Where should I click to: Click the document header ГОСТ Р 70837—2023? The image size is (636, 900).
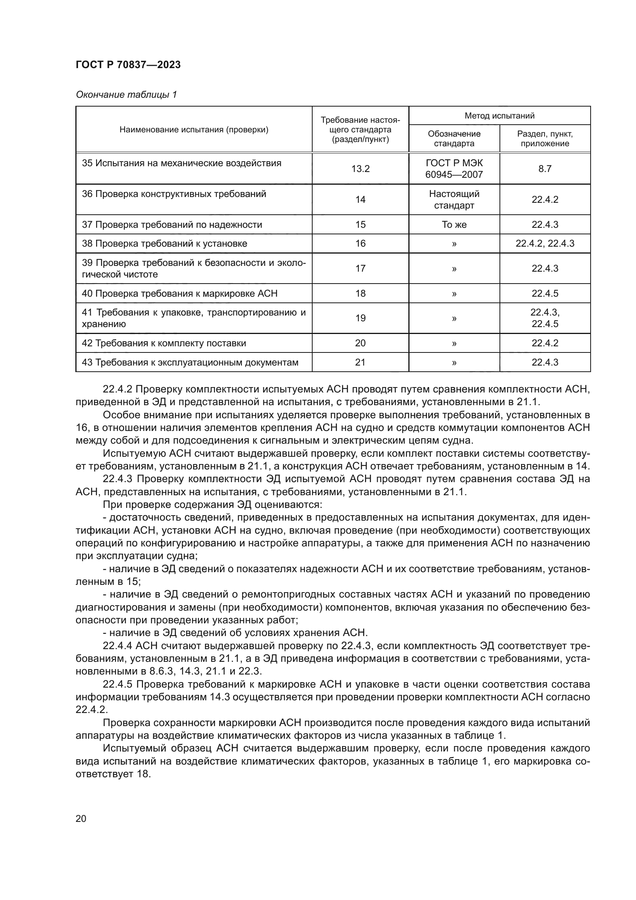(x=128, y=65)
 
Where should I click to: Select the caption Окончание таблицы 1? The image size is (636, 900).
(x=126, y=95)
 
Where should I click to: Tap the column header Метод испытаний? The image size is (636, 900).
(x=499, y=116)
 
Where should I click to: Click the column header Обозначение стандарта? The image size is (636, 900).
(x=454, y=139)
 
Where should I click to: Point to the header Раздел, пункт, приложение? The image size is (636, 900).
(x=545, y=139)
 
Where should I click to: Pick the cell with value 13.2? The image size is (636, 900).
(x=360, y=169)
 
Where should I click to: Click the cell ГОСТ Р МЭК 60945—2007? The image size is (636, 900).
(x=454, y=169)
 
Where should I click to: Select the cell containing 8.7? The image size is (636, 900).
(x=545, y=169)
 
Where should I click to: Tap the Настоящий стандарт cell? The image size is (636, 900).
(x=454, y=200)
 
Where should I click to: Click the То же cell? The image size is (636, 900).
(x=454, y=225)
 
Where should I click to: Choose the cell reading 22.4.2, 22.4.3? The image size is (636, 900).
(x=545, y=244)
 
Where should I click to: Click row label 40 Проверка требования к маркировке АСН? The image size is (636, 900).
(x=179, y=294)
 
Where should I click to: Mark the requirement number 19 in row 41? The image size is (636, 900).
(x=360, y=318)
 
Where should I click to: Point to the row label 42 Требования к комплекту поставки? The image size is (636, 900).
(x=164, y=343)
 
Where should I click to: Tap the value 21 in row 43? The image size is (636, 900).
(x=360, y=362)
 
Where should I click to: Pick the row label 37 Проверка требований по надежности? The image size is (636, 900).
(x=171, y=225)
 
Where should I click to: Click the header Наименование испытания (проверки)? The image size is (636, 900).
(x=194, y=130)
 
